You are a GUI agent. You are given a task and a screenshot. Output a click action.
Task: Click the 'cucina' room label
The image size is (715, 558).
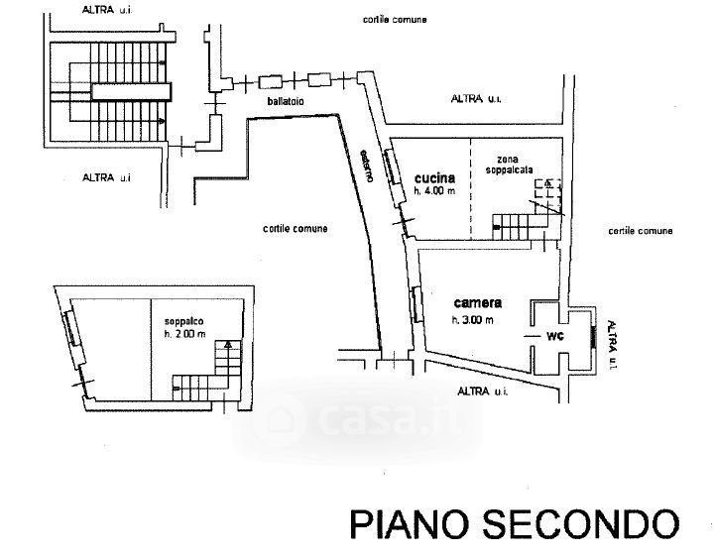coord(434,177)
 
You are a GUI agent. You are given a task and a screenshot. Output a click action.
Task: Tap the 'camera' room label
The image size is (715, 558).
coord(478,302)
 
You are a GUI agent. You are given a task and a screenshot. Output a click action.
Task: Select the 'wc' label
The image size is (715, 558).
coord(555,336)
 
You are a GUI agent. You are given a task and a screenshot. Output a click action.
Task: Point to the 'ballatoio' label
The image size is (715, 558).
coord(286,101)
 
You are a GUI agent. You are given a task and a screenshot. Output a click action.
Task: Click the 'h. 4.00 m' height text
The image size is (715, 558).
coord(434,191)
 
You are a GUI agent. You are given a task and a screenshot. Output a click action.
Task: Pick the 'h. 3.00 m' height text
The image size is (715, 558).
coord(472,320)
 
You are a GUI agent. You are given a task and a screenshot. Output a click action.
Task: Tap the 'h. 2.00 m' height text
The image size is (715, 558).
coord(184,334)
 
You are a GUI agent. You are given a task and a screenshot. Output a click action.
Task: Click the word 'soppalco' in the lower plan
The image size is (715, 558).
coord(183,322)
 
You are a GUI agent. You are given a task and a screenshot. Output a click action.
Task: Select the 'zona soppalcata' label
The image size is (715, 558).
coord(509,165)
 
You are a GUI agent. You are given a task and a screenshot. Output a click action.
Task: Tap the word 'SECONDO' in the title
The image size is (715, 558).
coord(580,524)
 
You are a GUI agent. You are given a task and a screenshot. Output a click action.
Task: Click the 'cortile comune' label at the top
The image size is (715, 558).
coord(395,20)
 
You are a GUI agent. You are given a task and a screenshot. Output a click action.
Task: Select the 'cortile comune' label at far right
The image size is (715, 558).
coord(641,231)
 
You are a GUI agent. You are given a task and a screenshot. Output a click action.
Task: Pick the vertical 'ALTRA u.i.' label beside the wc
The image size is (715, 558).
coord(612,345)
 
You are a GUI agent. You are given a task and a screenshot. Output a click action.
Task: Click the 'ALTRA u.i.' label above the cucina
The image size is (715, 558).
coord(476,98)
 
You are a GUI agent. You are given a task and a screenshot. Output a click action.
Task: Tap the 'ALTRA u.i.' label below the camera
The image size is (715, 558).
coord(482,391)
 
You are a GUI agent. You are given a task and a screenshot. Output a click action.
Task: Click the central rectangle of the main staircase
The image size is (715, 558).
coord(131,91)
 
